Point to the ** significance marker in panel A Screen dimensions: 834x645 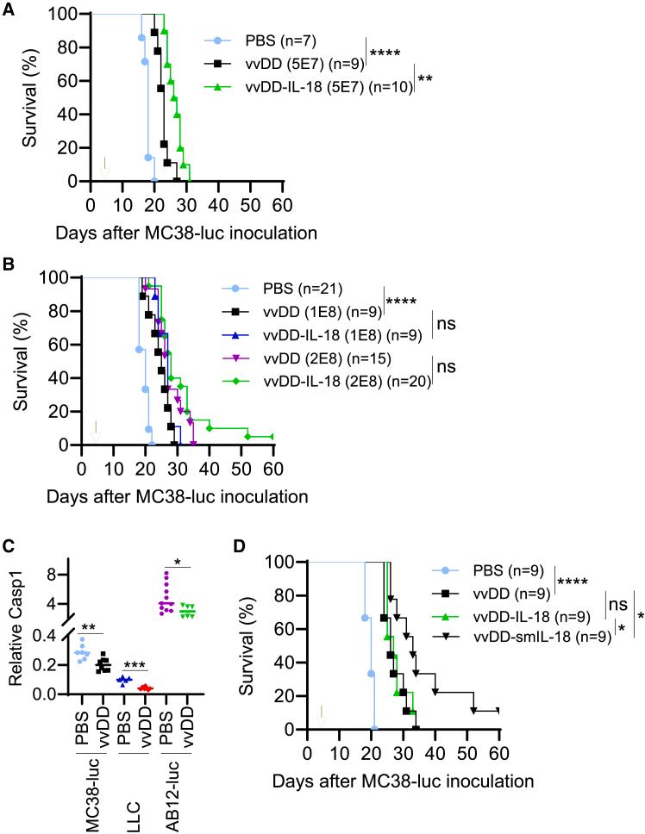[x=425, y=79]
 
